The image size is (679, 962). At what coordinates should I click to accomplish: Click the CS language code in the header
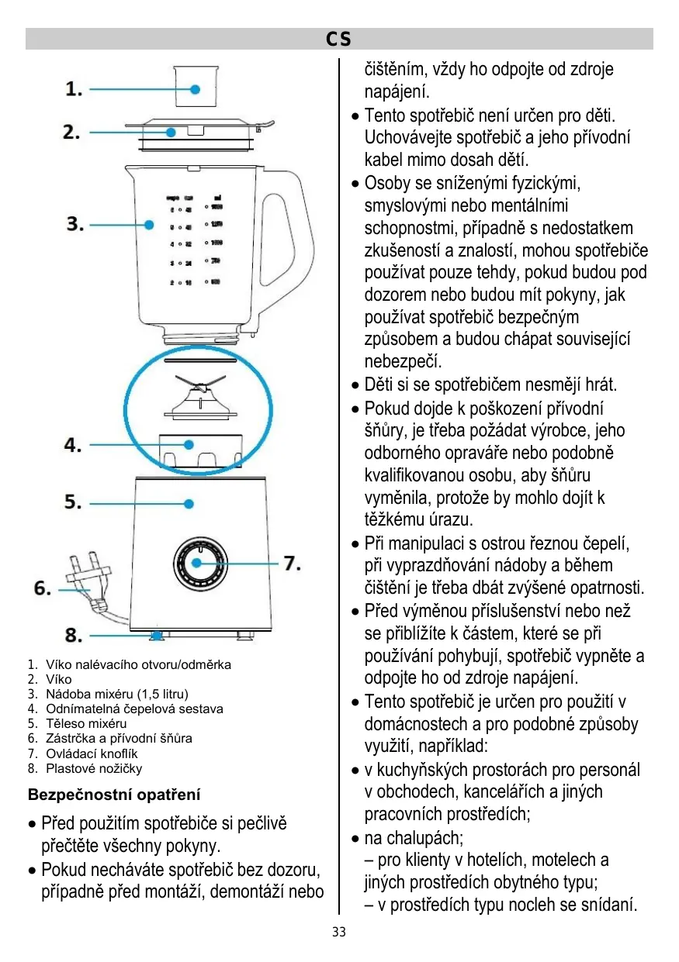pyautogui.click(x=338, y=39)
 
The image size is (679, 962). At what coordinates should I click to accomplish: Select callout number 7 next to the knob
pyautogui.click(x=291, y=563)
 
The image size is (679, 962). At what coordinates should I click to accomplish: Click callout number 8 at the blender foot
pyautogui.click(x=74, y=636)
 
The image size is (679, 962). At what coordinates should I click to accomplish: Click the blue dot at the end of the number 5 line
pyautogui.click(x=189, y=504)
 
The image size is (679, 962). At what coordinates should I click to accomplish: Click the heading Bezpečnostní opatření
pyautogui.click(x=114, y=795)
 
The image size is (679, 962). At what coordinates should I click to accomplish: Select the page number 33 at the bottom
pyautogui.click(x=339, y=932)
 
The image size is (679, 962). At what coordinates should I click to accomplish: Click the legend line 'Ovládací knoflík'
pyautogui.click(x=92, y=753)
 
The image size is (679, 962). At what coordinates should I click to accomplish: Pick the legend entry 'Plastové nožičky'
pyautogui.click(x=94, y=768)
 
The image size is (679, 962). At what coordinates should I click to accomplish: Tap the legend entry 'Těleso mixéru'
pyautogui.click(x=86, y=723)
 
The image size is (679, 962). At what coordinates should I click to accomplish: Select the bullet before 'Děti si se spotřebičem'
pyautogui.click(x=355, y=386)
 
